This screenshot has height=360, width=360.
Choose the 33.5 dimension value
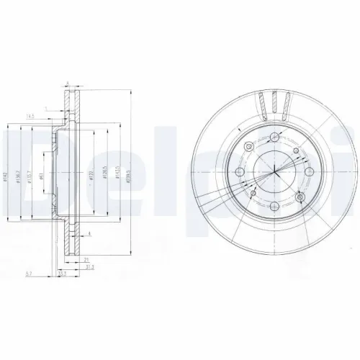point(63,274)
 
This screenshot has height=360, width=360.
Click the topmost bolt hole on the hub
point(276,138)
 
